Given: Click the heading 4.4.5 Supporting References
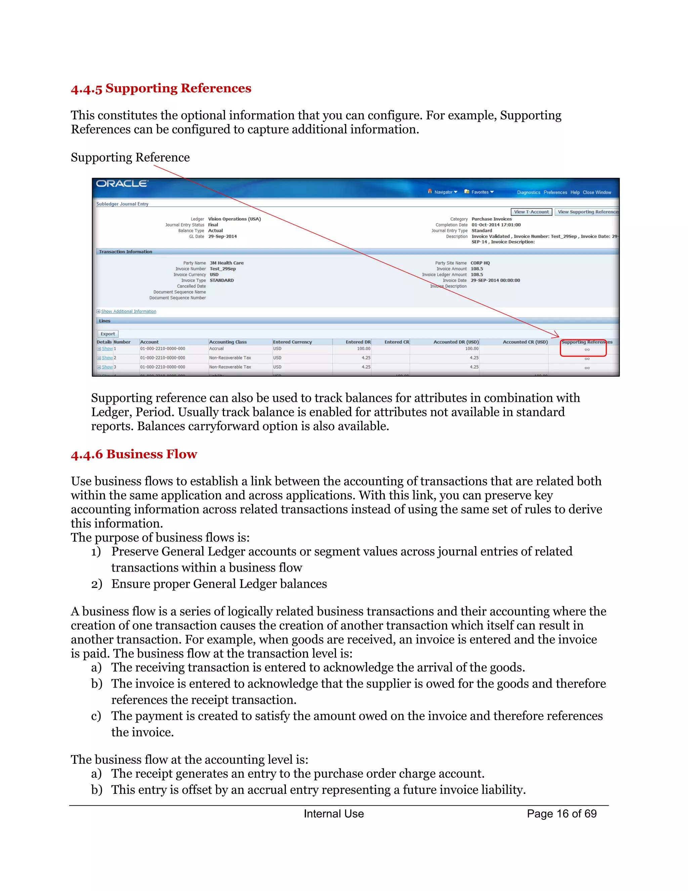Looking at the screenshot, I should click(x=161, y=88).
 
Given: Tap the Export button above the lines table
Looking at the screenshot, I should click(x=107, y=334).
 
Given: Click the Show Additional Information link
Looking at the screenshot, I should click(x=128, y=311).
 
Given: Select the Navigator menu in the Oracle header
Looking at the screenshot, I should click(x=443, y=192).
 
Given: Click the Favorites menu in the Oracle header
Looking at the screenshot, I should click(x=480, y=192).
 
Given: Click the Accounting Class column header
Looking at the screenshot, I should click(x=228, y=342).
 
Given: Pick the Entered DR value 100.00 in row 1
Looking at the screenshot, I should click(x=363, y=349).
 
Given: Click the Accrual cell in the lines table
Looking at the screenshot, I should click(x=216, y=349).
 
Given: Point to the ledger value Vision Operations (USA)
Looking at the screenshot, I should click(x=234, y=219).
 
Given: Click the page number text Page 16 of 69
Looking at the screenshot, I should click(x=561, y=813).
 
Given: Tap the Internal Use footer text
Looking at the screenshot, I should click(x=333, y=813).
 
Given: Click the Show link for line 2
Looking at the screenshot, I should click(x=107, y=358).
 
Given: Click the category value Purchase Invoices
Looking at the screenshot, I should click(x=491, y=219).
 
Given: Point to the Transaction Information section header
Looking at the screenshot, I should click(x=126, y=252).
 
